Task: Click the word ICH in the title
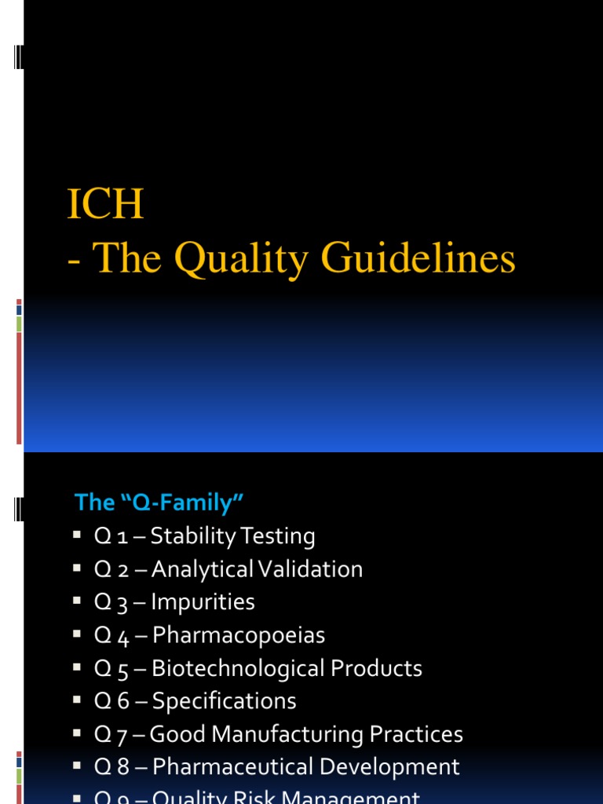tap(105, 206)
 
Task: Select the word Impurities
tap(203, 602)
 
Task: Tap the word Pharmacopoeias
tap(238, 635)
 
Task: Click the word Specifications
tap(224, 701)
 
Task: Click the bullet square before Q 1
tap(77, 535)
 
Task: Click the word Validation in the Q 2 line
tap(312, 569)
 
